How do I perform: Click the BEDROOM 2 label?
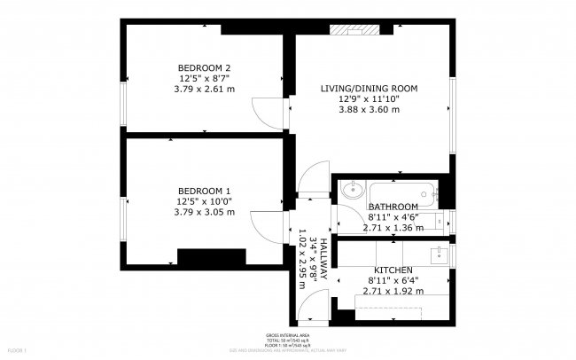click(204, 68)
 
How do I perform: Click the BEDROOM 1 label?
click(204, 192)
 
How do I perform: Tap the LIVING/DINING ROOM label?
click(369, 89)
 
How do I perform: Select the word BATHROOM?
click(393, 207)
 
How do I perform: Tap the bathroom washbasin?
click(352, 189)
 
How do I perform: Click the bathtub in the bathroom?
click(403, 190)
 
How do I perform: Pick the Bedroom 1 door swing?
click(263, 225)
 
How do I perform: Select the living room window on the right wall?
click(452, 115)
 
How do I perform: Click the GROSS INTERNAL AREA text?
click(288, 335)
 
